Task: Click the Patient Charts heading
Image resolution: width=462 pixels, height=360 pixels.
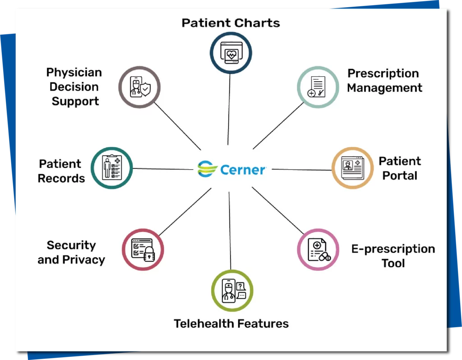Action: point(231,23)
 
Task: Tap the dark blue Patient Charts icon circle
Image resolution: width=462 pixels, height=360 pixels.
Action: point(231,53)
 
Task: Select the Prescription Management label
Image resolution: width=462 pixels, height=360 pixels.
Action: point(384,81)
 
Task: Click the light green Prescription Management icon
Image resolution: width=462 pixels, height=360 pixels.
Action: point(318,87)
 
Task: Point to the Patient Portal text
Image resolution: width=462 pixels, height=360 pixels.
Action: point(399,168)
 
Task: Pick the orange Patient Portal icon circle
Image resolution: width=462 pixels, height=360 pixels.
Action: point(352,168)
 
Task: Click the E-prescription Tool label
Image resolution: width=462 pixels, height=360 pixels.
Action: point(393,256)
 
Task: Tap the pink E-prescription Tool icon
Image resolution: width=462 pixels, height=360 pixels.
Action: point(318,249)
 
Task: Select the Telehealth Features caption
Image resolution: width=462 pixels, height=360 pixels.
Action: point(231,323)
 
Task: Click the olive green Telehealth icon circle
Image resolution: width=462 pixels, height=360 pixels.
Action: point(232,291)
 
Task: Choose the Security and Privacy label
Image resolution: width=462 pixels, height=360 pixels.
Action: point(71,253)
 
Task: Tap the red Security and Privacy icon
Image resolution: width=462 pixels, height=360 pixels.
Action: point(143,249)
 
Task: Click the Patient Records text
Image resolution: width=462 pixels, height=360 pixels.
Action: point(61,171)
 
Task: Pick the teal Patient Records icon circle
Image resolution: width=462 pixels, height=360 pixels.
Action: point(111,168)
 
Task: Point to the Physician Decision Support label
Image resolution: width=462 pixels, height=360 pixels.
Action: point(74,87)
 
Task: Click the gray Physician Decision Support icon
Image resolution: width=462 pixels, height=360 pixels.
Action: point(139,87)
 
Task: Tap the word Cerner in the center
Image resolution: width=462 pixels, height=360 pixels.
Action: point(243,170)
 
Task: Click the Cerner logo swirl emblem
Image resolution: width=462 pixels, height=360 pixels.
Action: point(208,169)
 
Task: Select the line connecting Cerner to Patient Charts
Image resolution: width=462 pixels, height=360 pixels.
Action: point(229,108)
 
